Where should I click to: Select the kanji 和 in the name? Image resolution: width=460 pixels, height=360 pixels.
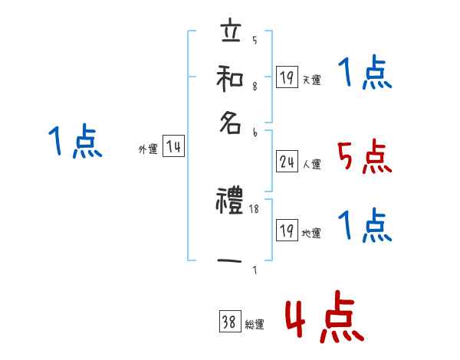tap(230, 77)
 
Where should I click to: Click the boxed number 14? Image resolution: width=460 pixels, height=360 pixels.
tap(174, 148)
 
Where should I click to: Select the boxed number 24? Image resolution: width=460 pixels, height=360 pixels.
tap(287, 162)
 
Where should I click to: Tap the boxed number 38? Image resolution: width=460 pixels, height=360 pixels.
tap(230, 323)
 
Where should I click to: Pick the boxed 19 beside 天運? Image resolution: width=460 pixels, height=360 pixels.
tap(287, 78)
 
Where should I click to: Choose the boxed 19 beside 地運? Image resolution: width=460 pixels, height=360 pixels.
tap(287, 231)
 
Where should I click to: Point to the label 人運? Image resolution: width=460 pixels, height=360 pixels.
tap(312, 164)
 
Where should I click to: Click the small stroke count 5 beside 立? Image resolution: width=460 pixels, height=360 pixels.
tap(255, 41)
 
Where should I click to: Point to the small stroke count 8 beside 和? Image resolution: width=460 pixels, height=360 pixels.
tap(255, 87)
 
